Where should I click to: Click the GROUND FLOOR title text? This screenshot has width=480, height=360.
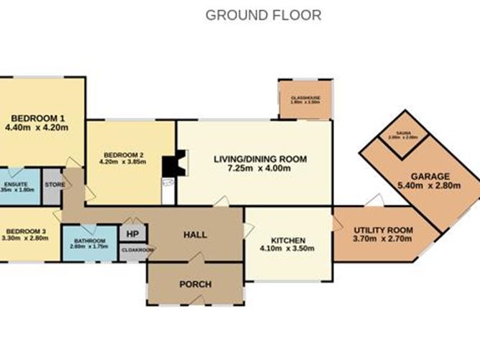tap(263, 14)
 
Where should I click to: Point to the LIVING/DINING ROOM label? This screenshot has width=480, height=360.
tap(260, 159)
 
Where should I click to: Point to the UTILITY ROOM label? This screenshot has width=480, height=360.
tap(383, 230)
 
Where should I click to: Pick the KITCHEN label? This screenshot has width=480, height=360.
tap(288, 239)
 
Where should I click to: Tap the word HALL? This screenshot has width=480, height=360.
tap(195, 234)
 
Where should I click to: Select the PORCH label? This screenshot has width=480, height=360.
tap(195, 284)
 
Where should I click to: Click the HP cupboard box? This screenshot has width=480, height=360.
tap(132, 234)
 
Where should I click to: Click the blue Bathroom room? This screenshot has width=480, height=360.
tap(89, 244)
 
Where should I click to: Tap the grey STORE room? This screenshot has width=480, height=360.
tap(52, 186)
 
